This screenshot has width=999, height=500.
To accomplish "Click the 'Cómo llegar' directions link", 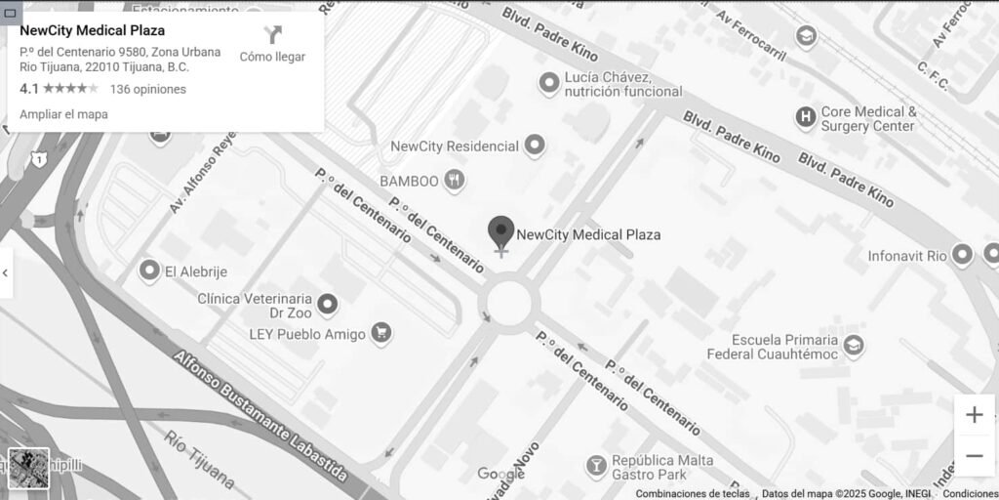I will [272, 45].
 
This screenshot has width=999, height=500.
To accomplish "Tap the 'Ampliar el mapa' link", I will [63, 114].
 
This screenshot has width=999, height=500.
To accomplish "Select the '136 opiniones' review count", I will [147, 89].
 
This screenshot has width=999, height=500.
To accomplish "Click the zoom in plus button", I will [974, 415].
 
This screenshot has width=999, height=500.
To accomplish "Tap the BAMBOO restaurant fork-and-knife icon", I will [455, 180].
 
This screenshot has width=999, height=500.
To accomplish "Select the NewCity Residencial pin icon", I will [534, 146].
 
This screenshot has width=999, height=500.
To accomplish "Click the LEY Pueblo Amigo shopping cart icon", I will [381, 334].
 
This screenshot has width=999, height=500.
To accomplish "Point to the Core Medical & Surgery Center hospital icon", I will [805, 118].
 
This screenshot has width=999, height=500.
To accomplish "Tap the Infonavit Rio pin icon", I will [962, 256].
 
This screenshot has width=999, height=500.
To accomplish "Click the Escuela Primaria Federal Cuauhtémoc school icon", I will [854, 346].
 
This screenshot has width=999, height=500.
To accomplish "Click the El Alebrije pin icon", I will [149, 271].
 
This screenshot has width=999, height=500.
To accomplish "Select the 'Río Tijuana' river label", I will [199, 459].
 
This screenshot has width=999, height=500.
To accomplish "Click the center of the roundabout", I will [509, 303].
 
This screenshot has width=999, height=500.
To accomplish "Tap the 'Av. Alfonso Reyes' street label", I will [203, 172].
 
